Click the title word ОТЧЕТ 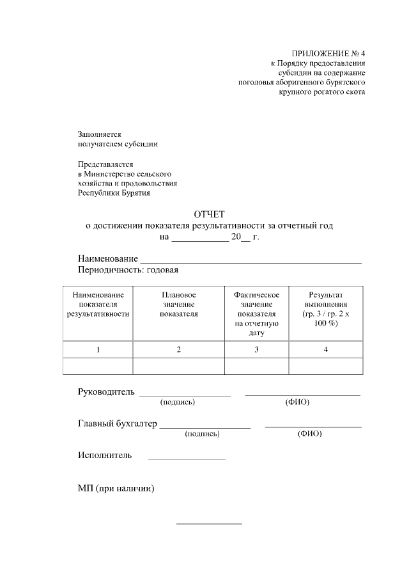(210, 214)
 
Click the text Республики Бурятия (114, 193)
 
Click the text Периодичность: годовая (128, 270)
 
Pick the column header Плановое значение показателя (179, 304)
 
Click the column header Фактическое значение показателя (256, 313)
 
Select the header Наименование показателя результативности (98, 304)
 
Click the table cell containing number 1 (98, 349)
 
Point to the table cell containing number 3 (256, 349)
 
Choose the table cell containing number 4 (325, 349)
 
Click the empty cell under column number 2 (179, 366)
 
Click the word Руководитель (106, 392)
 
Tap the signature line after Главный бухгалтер (205, 427)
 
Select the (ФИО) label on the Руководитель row (297, 402)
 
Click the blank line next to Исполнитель (187, 459)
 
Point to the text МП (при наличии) (116, 489)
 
